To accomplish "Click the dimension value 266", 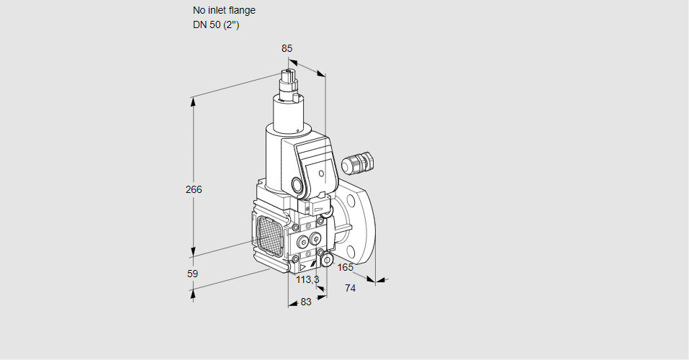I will tap(194, 190).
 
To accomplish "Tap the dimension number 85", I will tap(287, 48).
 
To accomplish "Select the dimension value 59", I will tap(192, 274).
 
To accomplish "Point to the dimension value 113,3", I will tap(307, 279).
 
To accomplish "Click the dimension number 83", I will tap(306, 302).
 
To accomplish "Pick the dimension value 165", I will tap(346, 268).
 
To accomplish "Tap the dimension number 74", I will tap(351, 288).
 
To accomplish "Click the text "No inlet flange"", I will tap(224, 11).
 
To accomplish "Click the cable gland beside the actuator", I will tap(358, 163).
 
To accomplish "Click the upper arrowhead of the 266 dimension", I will tap(193, 101).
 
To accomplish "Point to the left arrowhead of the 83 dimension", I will tap(291, 304).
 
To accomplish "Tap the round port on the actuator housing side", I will tap(297, 184).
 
